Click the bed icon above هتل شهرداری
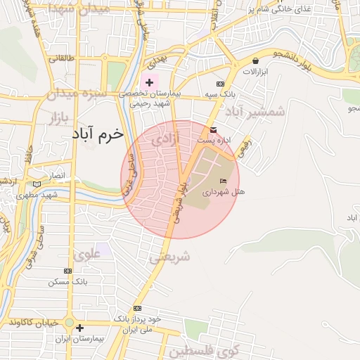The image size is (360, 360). point(224,181)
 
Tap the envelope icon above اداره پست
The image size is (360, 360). point(213,129)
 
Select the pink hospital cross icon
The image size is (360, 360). point(149,82)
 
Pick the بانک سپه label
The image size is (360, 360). point(219,93)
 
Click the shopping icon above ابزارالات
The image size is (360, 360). point(255,61)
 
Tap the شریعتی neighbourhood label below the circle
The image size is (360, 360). point(169,257)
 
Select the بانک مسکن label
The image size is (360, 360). point(67,281)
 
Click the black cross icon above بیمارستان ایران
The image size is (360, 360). point(79,328)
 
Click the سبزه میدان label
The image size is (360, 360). point(77,93)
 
